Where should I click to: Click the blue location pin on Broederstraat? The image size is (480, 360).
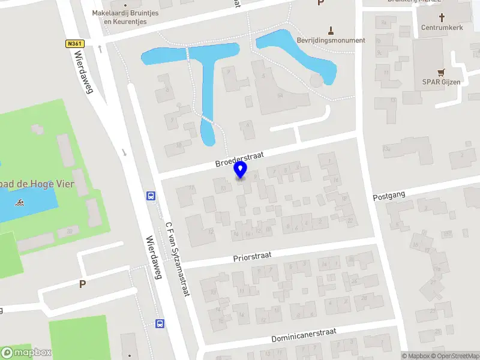(x=241, y=170)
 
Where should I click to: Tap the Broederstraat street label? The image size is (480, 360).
(x=239, y=159)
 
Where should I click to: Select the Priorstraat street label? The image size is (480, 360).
(x=253, y=257)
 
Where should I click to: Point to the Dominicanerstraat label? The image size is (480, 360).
(x=304, y=334)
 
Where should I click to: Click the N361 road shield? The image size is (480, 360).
(x=74, y=44)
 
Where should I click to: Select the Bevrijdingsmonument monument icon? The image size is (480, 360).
(x=331, y=29)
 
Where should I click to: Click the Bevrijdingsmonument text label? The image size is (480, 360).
(x=331, y=40)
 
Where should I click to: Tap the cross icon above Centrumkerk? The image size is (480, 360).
(x=442, y=18)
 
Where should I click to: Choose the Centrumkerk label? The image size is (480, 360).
(x=442, y=28)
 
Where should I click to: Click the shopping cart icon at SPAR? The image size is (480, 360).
(x=442, y=71)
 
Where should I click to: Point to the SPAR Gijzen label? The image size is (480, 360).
(x=445, y=81)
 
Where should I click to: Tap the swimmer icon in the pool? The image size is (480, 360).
(x=21, y=202)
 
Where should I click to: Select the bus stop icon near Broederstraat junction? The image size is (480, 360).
(x=151, y=196)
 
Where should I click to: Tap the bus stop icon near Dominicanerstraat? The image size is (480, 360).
(x=160, y=323)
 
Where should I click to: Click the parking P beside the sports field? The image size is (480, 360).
(x=82, y=284)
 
